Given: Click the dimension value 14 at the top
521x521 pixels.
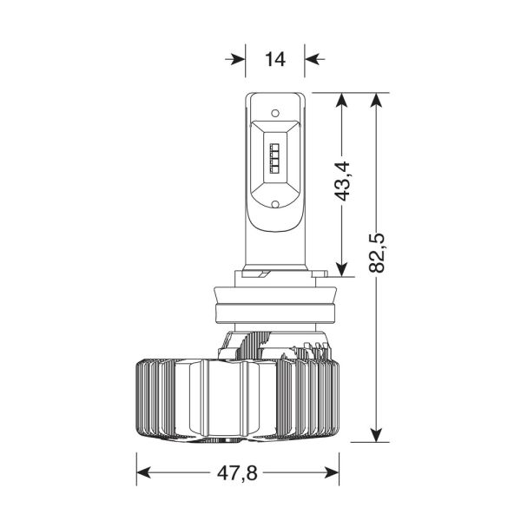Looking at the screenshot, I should [x=274, y=59].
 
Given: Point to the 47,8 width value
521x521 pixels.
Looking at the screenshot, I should [x=238, y=473].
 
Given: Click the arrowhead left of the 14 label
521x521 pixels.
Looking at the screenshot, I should [x=236, y=59].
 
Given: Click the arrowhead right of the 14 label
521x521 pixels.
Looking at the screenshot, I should [x=313, y=59].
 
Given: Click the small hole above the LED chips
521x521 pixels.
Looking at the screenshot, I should [x=274, y=113].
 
